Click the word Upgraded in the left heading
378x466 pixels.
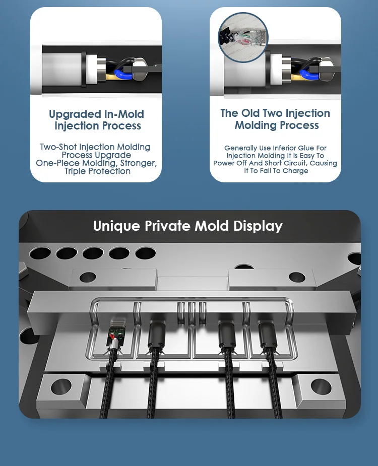[75, 115]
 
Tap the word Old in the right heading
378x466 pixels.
[250, 113]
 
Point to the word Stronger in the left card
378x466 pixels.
[138, 163]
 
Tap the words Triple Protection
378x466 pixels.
[98, 171]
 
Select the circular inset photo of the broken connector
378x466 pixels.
[243, 37]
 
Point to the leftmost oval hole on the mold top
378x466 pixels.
[40, 253]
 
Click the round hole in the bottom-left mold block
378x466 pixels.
[61, 386]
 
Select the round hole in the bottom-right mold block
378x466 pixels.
[321, 386]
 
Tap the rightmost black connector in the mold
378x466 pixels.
[268, 335]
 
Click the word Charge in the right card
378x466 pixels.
[295, 171]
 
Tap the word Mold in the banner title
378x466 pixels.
[212, 226]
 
